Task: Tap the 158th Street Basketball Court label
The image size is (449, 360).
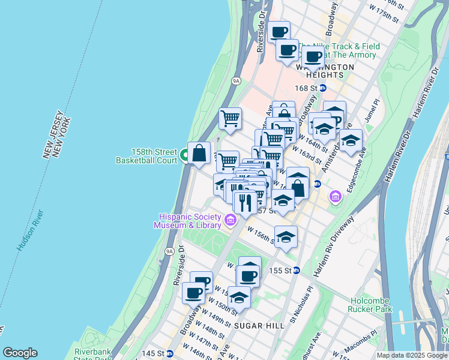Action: tap(146, 156)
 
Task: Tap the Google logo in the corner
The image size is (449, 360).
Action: tap(20, 353)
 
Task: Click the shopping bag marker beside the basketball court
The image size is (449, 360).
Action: tap(199, 153)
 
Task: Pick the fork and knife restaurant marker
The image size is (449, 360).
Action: tap(245, 202)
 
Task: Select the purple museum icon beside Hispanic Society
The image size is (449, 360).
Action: tap(230, 222)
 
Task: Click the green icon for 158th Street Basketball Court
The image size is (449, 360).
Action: tap(185, 156)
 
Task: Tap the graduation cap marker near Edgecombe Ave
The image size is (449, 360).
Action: tap(351, 141)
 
